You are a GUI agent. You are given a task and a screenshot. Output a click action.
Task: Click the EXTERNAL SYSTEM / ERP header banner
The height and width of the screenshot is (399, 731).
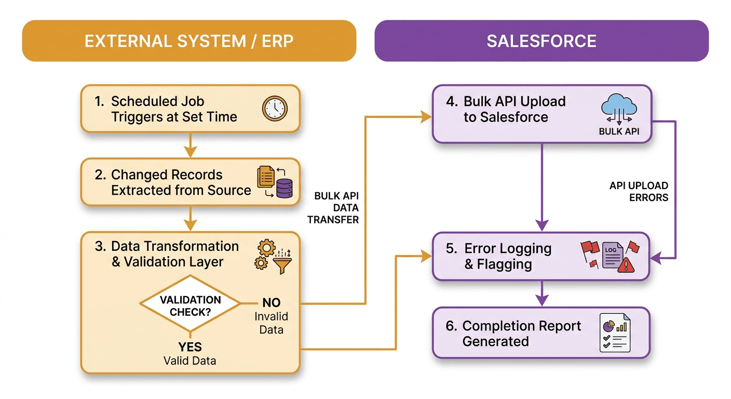click(x=189, y=41)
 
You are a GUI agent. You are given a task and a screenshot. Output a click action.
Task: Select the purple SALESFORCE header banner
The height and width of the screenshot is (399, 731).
click(x=542, y=41)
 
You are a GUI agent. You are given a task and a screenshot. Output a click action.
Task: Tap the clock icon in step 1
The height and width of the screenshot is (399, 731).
click(x=275, y=109)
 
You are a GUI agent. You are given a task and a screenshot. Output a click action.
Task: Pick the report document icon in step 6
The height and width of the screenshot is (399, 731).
click(x=614, y=333)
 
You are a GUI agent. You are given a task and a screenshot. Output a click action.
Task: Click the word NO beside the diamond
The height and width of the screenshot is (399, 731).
click(x=271, y=303)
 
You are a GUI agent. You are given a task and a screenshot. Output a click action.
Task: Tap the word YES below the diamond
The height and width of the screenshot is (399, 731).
click(x=190, y=347)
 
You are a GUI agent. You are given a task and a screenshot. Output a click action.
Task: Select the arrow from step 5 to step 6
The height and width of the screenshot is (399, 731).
click(x=542, y=294)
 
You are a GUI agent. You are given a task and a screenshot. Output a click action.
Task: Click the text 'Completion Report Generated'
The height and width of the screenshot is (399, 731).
click(x=521, y=334)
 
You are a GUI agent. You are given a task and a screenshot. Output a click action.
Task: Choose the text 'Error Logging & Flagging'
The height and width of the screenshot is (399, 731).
click(x=507, y=256)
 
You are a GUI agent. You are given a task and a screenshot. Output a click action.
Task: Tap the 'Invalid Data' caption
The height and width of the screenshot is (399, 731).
click(x=271, y=323)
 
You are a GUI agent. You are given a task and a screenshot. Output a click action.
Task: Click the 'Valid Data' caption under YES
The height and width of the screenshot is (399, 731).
click(x=190, y=361)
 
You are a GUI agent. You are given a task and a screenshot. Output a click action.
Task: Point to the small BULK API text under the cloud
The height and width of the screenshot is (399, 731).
click(x=619, y=131)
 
